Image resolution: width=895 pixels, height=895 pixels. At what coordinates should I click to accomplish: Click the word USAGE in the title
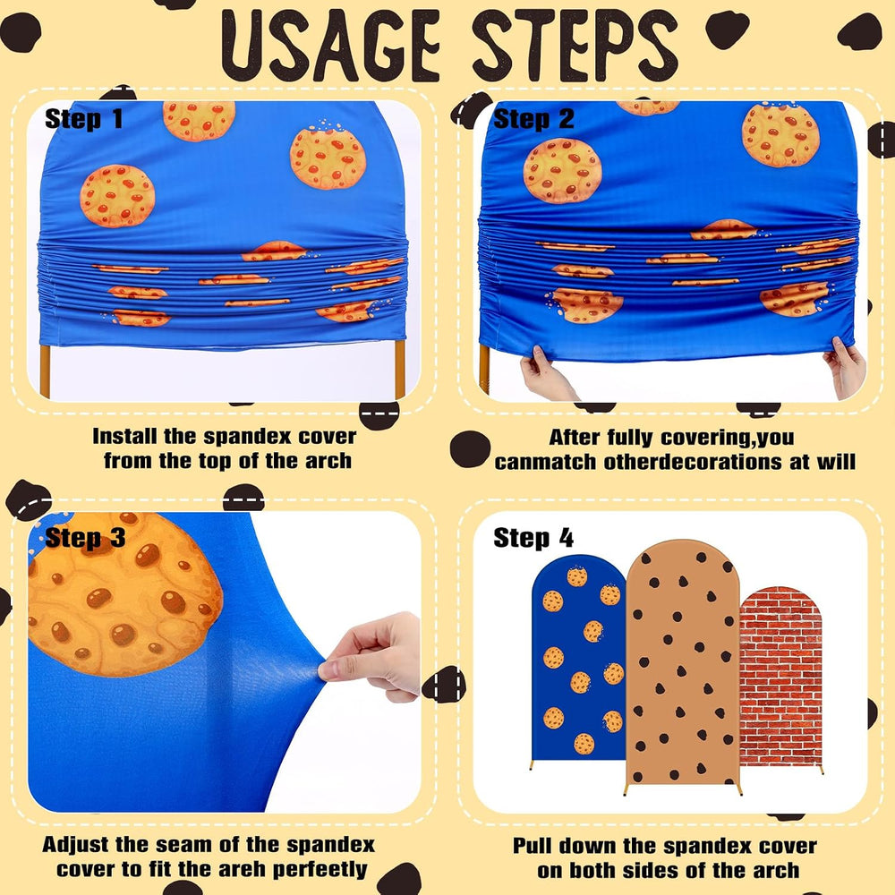tap(330, 47)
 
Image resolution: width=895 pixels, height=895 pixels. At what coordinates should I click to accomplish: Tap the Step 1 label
tap(84, 119)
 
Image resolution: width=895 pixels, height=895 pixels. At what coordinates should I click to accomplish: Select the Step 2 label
tap(533, 119)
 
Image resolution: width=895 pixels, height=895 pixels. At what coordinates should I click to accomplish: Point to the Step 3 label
tap(85, 538)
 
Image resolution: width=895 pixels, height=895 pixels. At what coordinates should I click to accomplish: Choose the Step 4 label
tap(533, 538)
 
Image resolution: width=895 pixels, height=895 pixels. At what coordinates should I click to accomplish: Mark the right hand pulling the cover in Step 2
tap(846, 365)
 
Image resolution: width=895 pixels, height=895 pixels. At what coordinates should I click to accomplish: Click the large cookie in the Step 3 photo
tap(123, 593)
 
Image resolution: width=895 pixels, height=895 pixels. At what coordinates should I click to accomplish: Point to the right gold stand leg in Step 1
tap(399, 369)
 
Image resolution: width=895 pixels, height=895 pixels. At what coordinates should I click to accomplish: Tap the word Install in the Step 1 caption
tap(125, 436)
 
